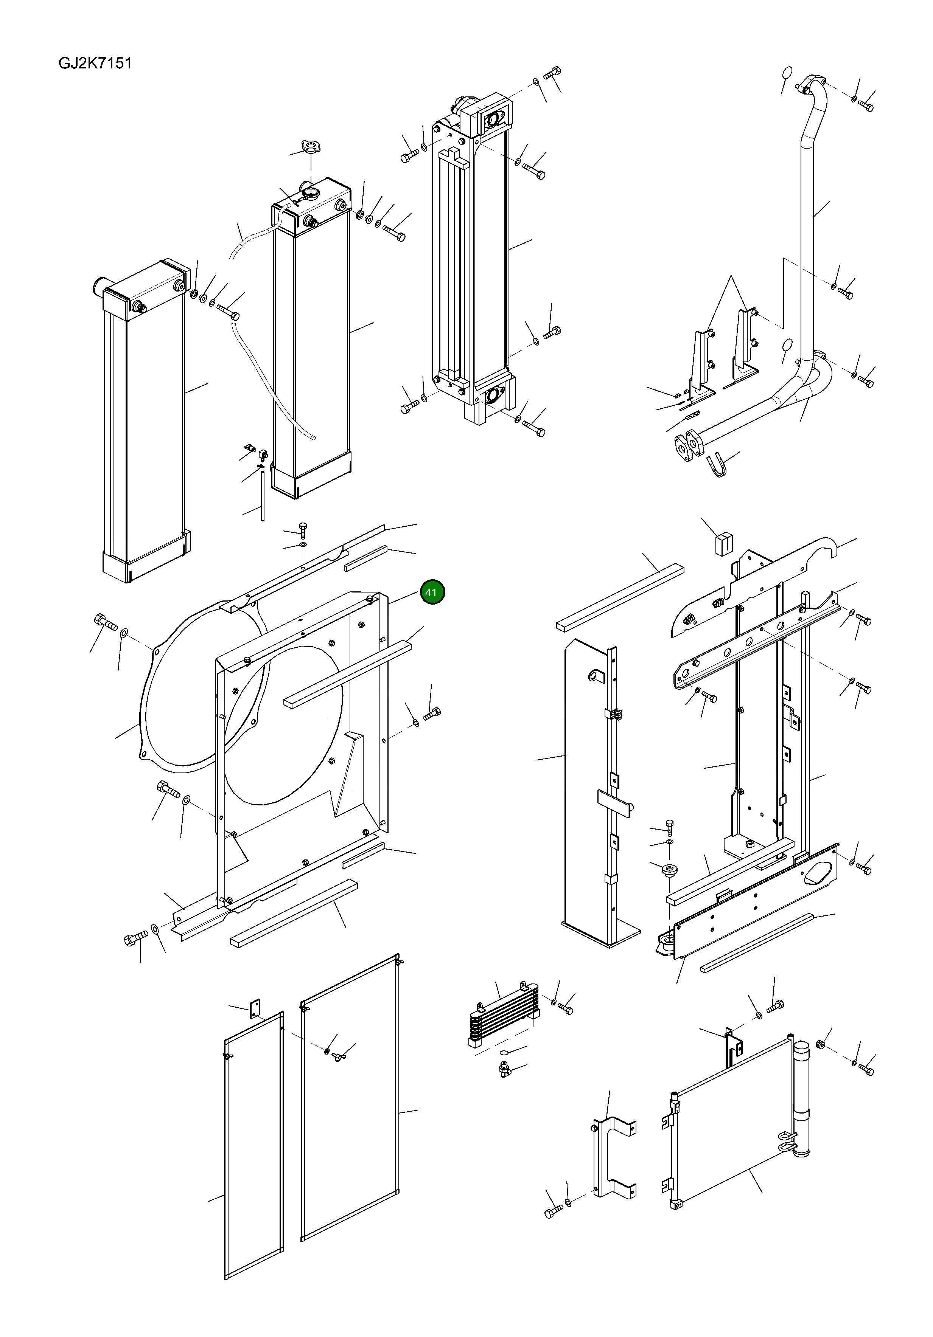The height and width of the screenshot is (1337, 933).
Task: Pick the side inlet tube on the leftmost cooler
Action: click(99, 285)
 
